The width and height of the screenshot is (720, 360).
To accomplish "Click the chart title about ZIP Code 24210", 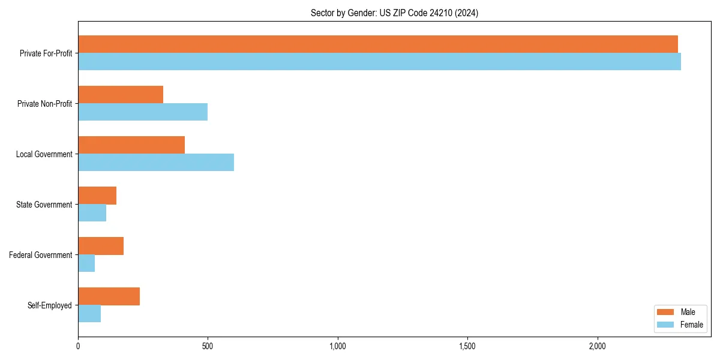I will [x=394, y=13].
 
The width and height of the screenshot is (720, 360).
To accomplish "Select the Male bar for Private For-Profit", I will [x=377, y=44].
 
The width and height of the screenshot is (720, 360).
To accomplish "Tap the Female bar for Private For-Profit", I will [x=379, y=62].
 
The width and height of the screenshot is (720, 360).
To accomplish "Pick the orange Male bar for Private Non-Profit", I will [x=121, y=95].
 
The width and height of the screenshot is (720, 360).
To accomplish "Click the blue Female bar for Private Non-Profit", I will [x=143, y=112].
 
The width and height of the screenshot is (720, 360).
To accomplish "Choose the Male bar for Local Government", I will [x=131, y=145].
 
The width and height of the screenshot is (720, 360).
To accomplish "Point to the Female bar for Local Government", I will [x=156, y=163].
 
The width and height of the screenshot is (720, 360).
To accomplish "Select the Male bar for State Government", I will [x=97, y=196].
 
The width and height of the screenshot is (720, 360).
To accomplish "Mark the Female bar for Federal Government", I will [x=86, y=263].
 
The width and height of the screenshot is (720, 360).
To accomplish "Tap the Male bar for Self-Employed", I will [x=109, y=296].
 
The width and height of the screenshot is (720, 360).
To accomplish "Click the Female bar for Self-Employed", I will [x=89, y=314].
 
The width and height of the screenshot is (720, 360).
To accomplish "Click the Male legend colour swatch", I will [x=666, y=312].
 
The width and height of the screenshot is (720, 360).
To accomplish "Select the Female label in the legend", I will [x=691, y=325].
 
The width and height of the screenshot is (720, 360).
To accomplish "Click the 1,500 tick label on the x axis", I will [x=467, y=346].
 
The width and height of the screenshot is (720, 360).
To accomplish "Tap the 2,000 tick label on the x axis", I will [x=597, y=346].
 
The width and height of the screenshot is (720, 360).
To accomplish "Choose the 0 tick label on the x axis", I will [x=78, y=346].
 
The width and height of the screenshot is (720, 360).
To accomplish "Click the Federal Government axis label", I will [x=41, y=255].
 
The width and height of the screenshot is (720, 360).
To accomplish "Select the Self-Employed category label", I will [x=50, y=305].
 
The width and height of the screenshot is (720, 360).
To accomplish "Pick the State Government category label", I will [x=44, y=205].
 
